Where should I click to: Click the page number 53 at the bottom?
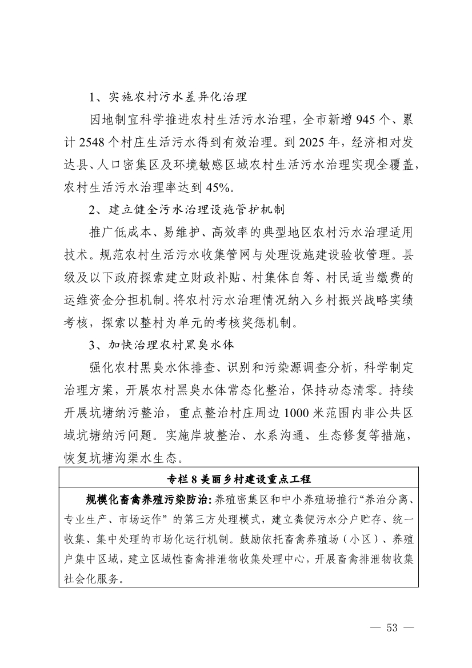(391, 627)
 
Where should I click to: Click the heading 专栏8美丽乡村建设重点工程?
(238, 478)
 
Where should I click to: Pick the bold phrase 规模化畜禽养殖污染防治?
(147, 499)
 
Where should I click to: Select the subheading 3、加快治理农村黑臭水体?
(161, 345)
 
